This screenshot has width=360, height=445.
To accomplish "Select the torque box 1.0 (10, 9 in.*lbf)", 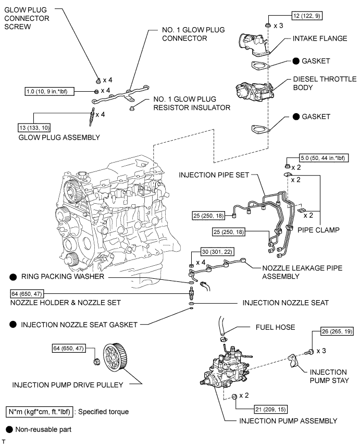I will click(50, 91).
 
